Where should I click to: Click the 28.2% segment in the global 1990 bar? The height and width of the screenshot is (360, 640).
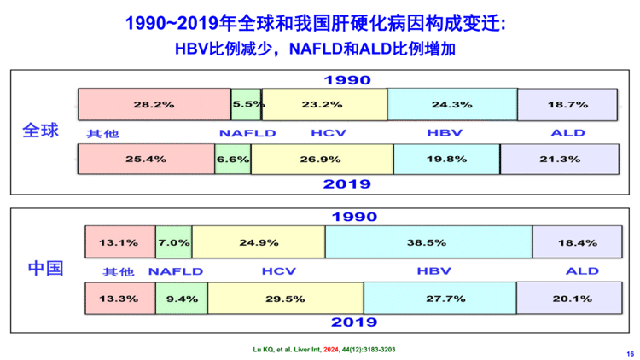(154, 104)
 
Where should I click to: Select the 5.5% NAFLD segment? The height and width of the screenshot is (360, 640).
(247, 104)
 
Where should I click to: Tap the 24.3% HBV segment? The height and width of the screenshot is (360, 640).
(451, 104)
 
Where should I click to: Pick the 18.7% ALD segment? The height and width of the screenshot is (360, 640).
(567, 104)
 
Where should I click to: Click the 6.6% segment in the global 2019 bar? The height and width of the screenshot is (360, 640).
(232, 159)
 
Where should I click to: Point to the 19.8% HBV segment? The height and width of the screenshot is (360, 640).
(446, 159)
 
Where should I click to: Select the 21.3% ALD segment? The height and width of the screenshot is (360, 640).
(558, 159)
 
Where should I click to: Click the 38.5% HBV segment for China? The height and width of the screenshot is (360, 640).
(428, 242)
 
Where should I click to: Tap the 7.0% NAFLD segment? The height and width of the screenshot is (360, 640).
(173, 242)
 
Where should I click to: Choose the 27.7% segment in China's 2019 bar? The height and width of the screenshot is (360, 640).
(439, 298)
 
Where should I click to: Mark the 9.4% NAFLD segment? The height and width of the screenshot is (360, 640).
(181, 298)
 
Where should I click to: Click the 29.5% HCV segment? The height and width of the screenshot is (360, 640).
(285, 298)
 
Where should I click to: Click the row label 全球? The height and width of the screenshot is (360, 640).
(41, 132)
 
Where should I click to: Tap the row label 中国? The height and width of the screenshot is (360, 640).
(45, 269)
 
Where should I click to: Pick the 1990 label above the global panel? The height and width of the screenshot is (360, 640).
(346, 80)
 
